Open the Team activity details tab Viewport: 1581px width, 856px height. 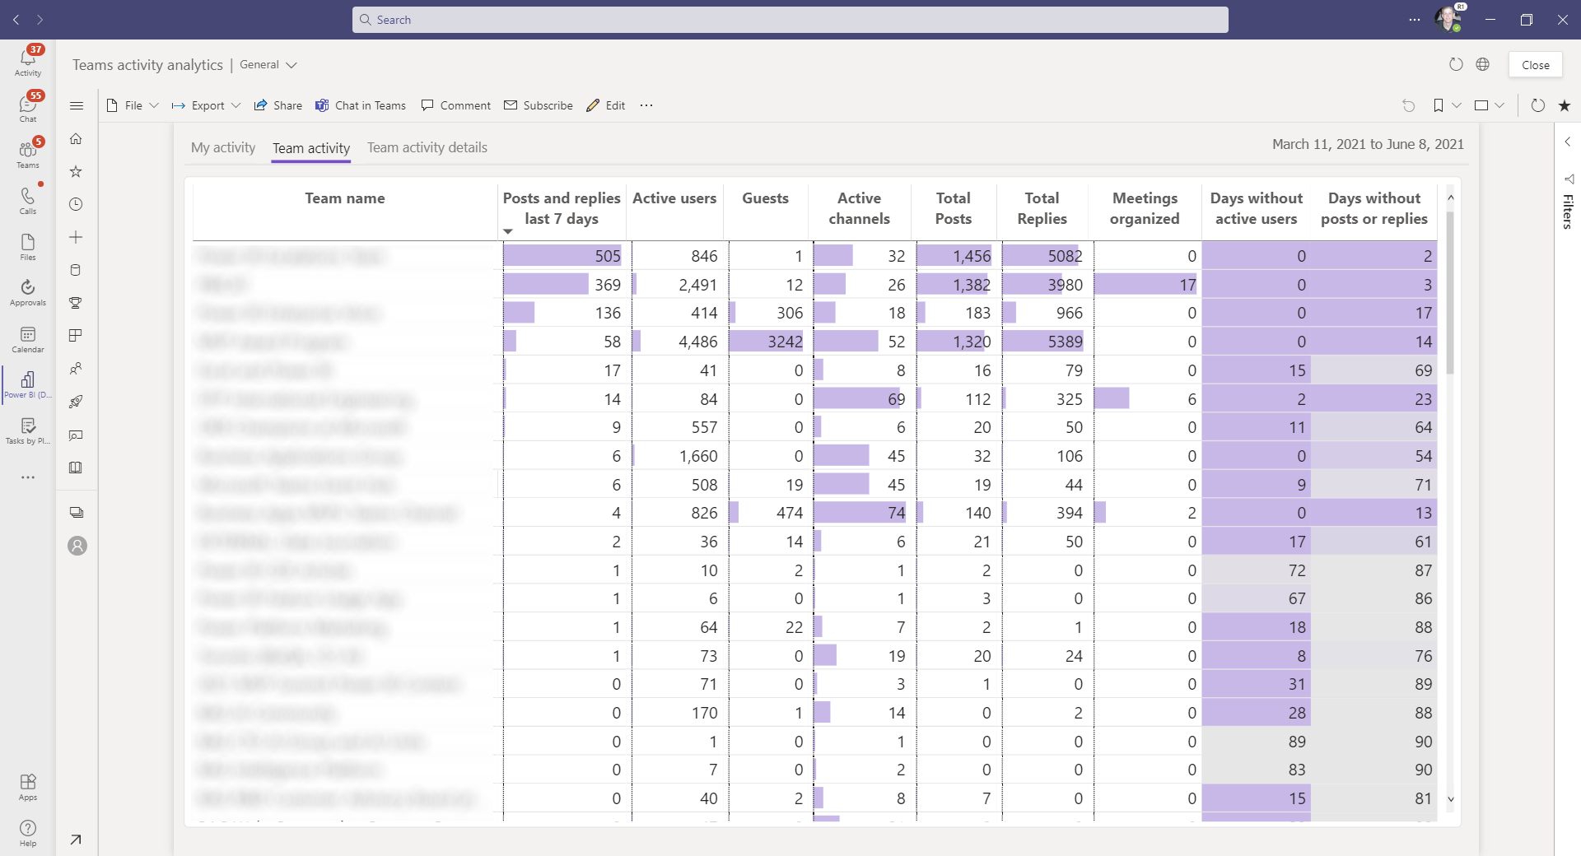(x=427, y=147)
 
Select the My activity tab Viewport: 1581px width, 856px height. (x=223, y=147)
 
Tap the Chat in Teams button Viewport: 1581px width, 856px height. (x=361, y=105)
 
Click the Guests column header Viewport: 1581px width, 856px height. (x=765, y=198)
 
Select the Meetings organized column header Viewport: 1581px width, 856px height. (x=1145, y=208)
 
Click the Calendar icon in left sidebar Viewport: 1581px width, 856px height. (x=28, y=338)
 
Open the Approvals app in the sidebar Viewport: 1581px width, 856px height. (x=28, y=291)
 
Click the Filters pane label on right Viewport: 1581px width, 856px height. (x=1568, y=211)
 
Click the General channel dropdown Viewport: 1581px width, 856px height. (x=268, y=64)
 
